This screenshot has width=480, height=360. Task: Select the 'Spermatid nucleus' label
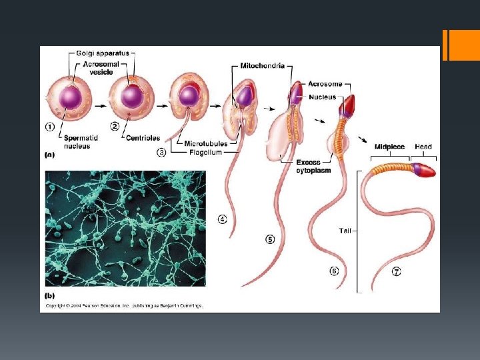[77, 142]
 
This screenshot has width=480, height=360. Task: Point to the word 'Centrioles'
[144, 138]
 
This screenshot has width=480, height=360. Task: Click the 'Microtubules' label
[207, 143]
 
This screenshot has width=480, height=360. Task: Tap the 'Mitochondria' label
[263, 66]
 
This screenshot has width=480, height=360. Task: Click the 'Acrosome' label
[325, 84]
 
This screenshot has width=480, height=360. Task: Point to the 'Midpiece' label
[389, 147]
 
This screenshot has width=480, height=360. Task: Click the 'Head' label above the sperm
[423, 147]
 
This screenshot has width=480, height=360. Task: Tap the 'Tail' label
[345, 231]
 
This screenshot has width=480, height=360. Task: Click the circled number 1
[50, 127]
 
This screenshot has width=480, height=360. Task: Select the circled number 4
[221, 219]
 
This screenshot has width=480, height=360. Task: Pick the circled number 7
[396, 272]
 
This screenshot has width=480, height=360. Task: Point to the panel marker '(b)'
[50, 295]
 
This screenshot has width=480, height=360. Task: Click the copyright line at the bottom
[123, 306]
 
